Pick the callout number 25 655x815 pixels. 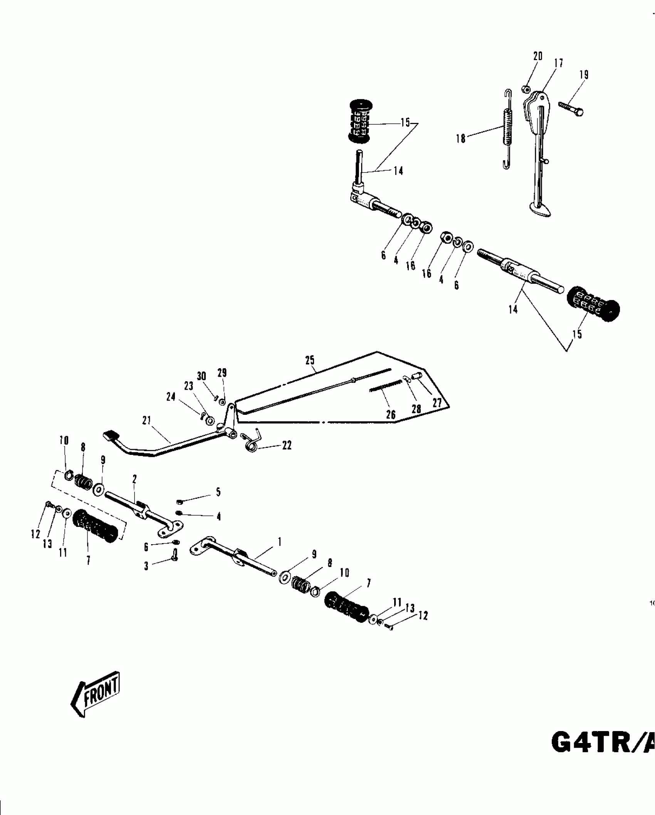(310, 361)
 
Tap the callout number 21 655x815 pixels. (146, 421)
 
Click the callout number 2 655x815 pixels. (134, 479)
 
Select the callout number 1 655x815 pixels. (279, 542)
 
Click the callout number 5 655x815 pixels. (218, 492)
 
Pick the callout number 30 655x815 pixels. (201, 376)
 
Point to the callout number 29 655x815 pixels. (222, 373)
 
